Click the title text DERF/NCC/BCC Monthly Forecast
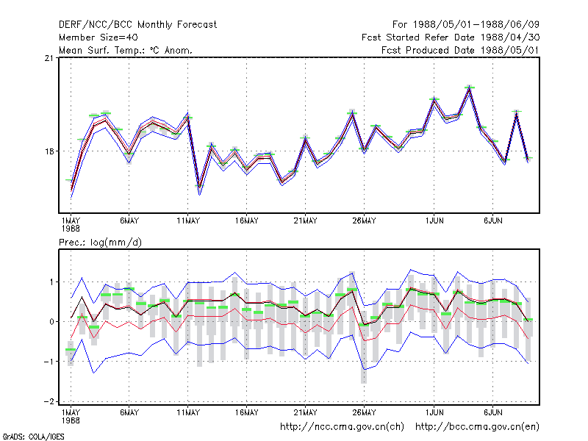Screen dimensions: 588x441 (137, 25)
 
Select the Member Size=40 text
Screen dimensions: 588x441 (98, 37)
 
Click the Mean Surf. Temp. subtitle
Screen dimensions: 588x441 (126, 50)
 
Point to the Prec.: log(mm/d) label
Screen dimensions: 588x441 (100, 243)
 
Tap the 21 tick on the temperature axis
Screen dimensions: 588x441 (49, 58)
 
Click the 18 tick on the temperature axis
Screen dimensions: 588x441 (49, 151)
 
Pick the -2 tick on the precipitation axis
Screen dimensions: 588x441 (49, 401)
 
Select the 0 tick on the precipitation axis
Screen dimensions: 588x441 (51, 322)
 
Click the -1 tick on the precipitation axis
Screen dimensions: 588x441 (49, 362)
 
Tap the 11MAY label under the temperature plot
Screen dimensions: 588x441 (188, 221)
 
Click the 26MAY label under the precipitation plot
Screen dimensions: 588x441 (364, 412)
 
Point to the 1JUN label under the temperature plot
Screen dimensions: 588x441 (434, 221)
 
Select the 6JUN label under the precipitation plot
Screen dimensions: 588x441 (493, 412)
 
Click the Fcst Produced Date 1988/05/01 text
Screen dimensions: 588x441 (461, 50)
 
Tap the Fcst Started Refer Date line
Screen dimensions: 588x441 (451, 37)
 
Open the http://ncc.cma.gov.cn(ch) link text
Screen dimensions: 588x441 (343, 427)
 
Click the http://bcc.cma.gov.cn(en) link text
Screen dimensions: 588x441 (477, 427)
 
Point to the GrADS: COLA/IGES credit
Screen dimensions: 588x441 (33, 437)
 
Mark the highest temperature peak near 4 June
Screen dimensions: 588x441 (470, 87)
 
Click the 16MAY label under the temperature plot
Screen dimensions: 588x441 (247, 221)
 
